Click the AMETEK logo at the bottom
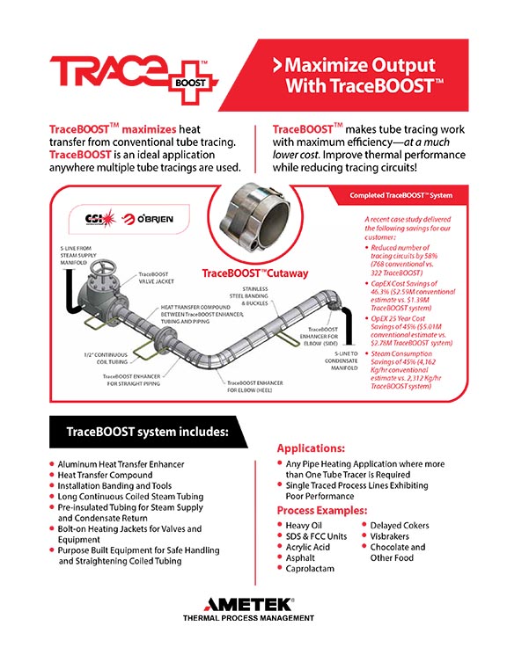(248, 604)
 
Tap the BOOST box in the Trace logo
(190, 83)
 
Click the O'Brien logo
(147, 219)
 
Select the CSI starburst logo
(100, 218)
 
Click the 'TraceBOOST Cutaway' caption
(255, 273)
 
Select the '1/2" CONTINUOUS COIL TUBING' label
(106, 358)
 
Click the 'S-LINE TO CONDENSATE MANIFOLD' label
(342, 360)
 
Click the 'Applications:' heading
(311, 448)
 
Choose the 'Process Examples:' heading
(322, 511)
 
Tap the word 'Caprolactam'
(310, 569)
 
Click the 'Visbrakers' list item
(389, 536)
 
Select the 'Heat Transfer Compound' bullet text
(105, 475)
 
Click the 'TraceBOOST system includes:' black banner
(148, 432)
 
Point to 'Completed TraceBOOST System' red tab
(400, 195)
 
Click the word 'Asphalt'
(300, 558)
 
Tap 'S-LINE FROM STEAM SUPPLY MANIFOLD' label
(78, 255)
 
